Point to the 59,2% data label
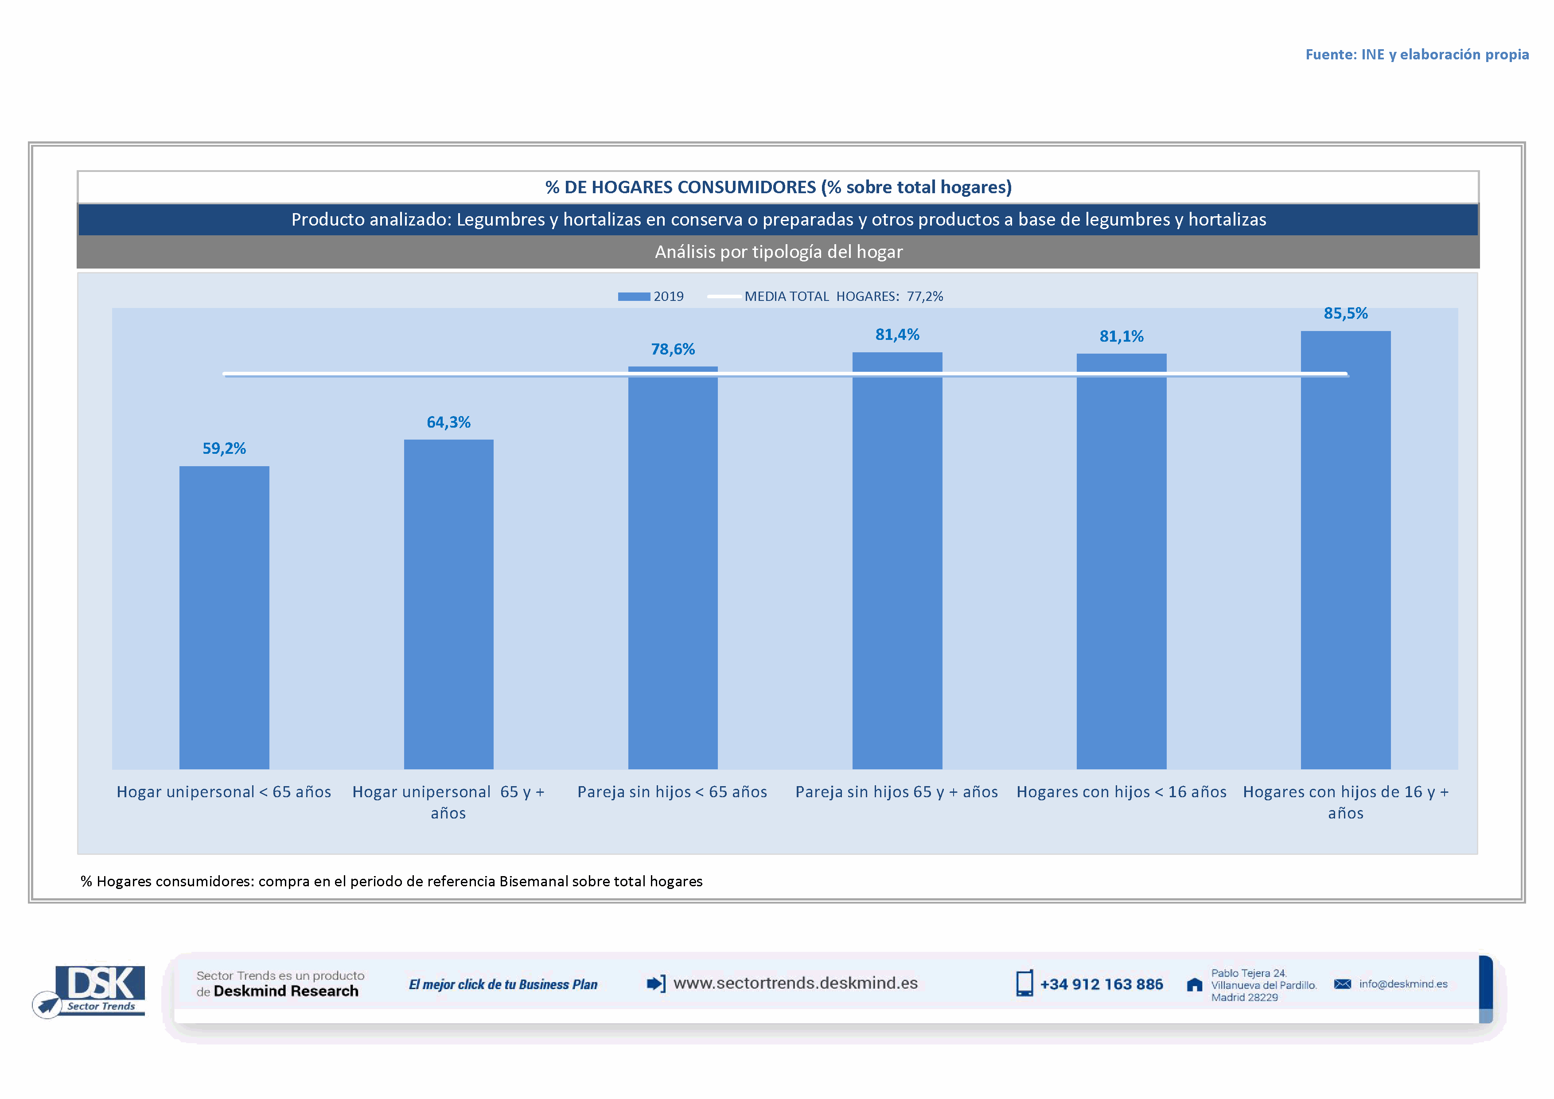pos(224,448)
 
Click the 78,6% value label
pos(673,349)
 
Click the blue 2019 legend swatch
pos(634,296)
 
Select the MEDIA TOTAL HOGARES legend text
pos(843,296)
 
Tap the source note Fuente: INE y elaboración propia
pos(1417,54)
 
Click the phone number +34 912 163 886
pos(1101,984)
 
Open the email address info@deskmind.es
pos(1402,984)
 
